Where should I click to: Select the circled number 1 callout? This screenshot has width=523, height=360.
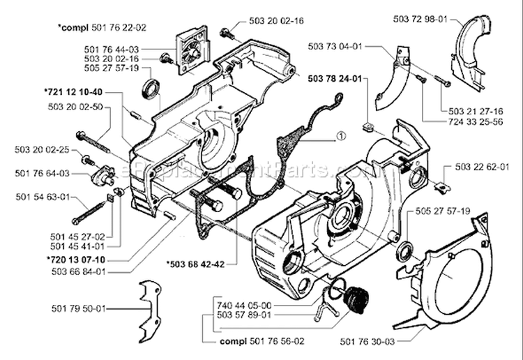click(339, 137)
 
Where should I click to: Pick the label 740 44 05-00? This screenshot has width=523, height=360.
click(245, 305)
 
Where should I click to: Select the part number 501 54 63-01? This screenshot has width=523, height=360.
click(42, 197)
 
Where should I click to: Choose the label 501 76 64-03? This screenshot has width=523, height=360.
click(41, 172)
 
